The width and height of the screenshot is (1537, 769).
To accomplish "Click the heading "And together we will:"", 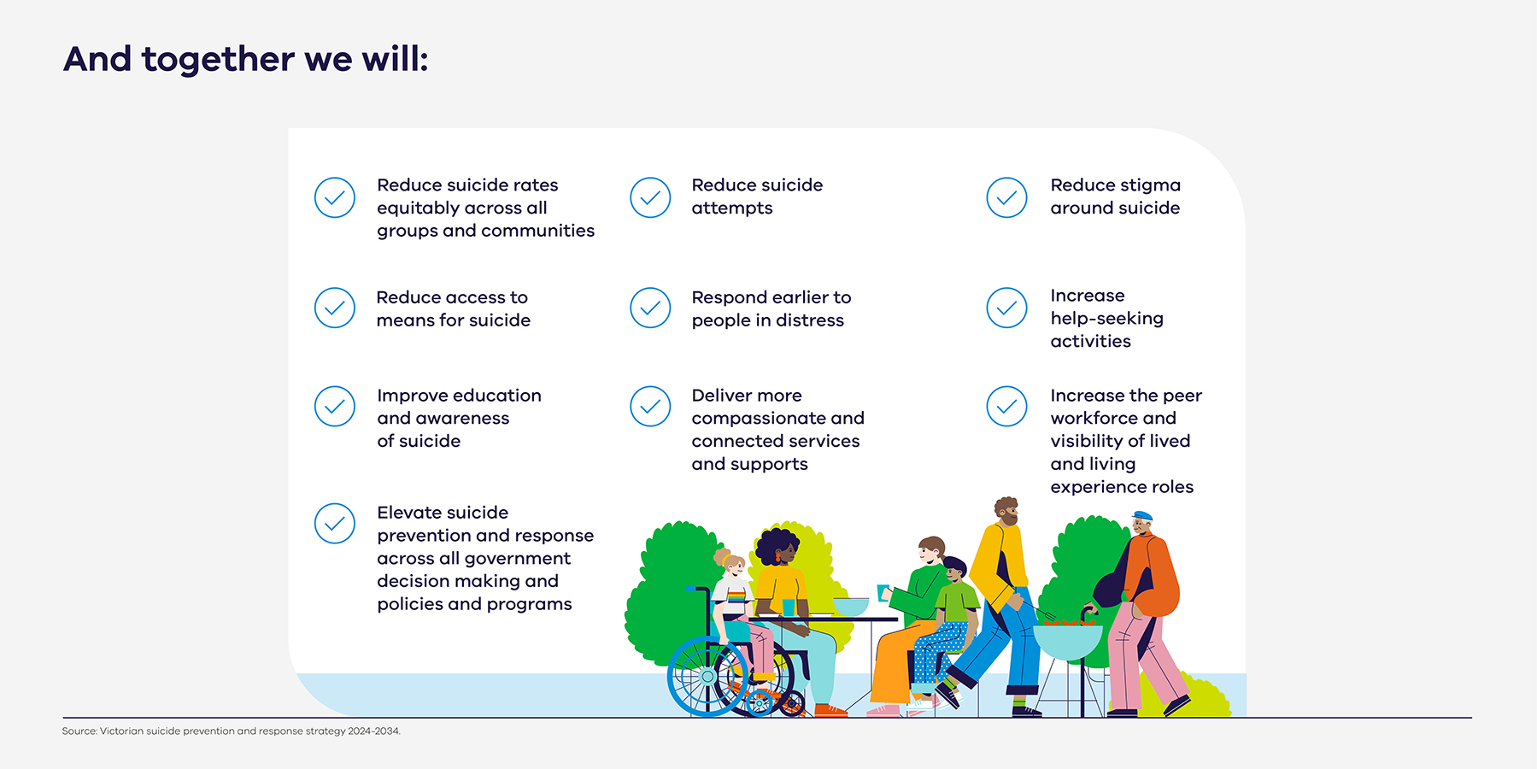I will pos(246,60).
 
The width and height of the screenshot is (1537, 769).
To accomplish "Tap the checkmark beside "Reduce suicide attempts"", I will pos(650,197).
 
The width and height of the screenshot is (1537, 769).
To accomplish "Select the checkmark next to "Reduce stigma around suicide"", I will pos(1006,197).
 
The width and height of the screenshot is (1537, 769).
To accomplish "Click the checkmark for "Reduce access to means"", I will pos(335,308).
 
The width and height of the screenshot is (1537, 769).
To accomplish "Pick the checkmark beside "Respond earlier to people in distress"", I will pos(650,308).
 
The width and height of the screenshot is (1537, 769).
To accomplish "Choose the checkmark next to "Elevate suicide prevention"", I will pos(335,523).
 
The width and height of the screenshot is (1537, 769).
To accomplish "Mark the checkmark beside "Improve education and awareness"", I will pos(335,407).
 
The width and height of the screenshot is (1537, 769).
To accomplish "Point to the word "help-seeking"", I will pos(1106,319).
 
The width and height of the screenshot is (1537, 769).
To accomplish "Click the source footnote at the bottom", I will pos(231,731).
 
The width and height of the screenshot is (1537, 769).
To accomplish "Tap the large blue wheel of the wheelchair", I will pos(707,676).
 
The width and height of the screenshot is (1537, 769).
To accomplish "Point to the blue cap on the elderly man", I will pos(1141,516).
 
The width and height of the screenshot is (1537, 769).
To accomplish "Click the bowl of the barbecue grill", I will pos(1067,641).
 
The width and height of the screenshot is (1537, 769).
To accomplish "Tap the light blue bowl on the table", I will pos(850,606).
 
